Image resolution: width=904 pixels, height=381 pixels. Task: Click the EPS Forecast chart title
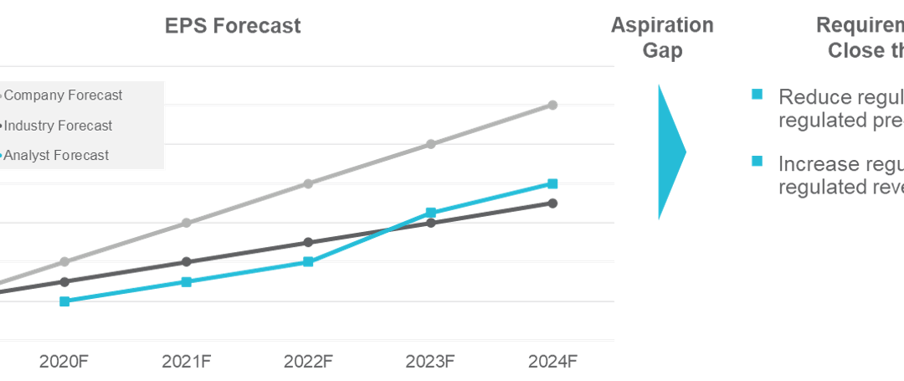tap(232, 26)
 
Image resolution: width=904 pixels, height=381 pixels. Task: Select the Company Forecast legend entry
tap(63, 95)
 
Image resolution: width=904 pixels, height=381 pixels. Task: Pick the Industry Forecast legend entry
tap(58, 126)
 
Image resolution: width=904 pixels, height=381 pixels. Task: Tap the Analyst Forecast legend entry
tap(56, 155)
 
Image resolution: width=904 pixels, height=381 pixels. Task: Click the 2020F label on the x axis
tap(64, 361)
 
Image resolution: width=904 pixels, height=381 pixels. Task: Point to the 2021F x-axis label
tap(186, 361)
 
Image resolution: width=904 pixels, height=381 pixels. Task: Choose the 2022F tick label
tap(308, 361)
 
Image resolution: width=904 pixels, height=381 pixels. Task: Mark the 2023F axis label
tap(430, 361)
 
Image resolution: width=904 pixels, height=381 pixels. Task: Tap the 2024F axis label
tap(552, 361)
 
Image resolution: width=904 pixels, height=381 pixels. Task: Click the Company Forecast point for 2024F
tap(552, 105)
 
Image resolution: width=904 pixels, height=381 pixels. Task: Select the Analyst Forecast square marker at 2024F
tap(552, 183)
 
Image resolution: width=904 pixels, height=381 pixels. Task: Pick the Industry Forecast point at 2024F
tap(552, 203)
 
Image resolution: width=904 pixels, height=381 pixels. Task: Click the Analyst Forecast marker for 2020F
tap(64, 301)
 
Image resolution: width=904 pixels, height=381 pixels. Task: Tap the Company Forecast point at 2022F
tap(308, 183)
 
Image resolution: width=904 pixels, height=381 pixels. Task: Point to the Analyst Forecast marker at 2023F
tap(430, 213)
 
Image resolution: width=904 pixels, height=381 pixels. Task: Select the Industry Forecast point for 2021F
tap(186, 261)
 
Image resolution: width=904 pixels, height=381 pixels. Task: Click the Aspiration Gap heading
tap(662, 38)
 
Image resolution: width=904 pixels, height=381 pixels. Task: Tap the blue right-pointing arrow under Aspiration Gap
tap(670, 152)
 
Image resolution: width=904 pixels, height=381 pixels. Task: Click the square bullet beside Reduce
tap(757, 95)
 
